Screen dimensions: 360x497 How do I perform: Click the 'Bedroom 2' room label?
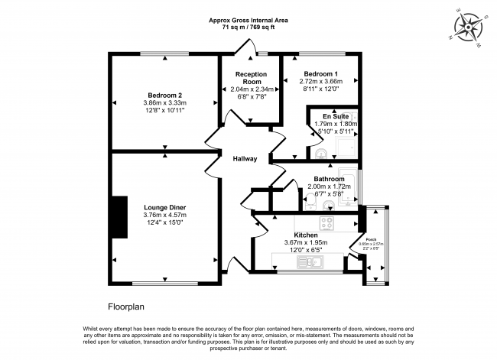coord(165,94)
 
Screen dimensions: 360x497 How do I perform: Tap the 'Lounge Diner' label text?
coord(165,206)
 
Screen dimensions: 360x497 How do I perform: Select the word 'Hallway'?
coord(245,159)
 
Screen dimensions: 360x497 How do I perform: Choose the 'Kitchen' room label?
coord(305,235)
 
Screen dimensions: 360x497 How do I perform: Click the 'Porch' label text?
coord(372,238)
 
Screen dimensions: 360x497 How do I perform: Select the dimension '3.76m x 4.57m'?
coord(165,215)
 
